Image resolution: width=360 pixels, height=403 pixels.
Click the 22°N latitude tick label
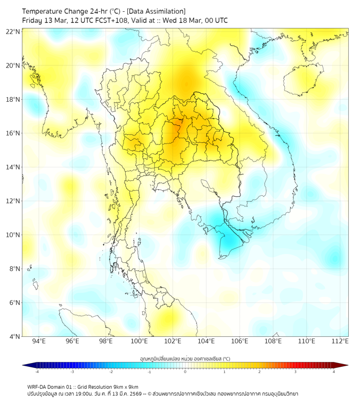(13, 32)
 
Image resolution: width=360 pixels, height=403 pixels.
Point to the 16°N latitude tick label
(13, 133)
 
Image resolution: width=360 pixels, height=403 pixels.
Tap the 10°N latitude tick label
(13, 235)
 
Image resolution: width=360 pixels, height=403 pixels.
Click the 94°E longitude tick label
(39, 341)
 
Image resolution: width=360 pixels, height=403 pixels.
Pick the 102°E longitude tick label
(173, 341)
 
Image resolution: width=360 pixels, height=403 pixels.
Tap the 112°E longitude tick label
(340, 341)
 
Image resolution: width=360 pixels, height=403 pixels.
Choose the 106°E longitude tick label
(240, 341)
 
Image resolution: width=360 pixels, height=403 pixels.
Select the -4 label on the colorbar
(36, 372)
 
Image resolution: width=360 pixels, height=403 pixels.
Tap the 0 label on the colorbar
(185, 372)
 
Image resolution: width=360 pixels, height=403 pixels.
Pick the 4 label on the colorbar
(334, 372)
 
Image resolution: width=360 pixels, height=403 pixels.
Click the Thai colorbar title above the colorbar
(185, 359)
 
